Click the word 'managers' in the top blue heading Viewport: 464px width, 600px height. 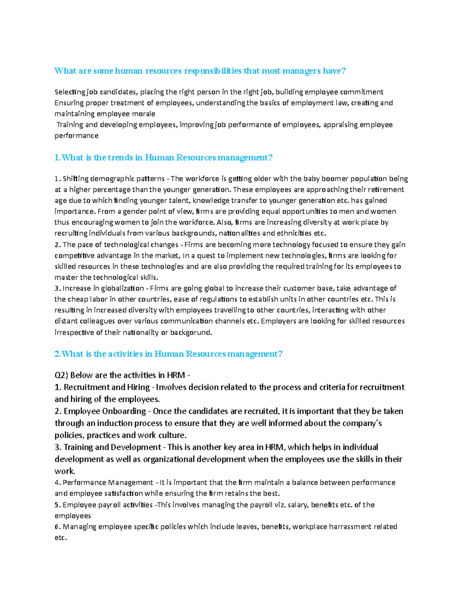pyautogui.click(x=302, y=71)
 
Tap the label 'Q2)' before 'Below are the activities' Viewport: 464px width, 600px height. pyautogui.click(x=61, y=375)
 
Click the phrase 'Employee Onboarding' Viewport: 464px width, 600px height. pyautogui.click(x=105, y=411)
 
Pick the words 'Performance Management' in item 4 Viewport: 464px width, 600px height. pyautogui.click(x=108, y=483)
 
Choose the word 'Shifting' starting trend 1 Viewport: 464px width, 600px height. pyautogui.click(x=75, y=178)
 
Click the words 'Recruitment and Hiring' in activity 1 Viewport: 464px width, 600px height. pyautogui.click(x=106, y=387)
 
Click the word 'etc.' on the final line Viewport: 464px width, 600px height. pyautogui.click(x=61, y=537)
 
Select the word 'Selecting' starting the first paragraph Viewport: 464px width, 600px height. pyautogui.click(x=70, y=92)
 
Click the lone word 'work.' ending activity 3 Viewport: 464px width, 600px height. pyautogui.click(x=65, y=471)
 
